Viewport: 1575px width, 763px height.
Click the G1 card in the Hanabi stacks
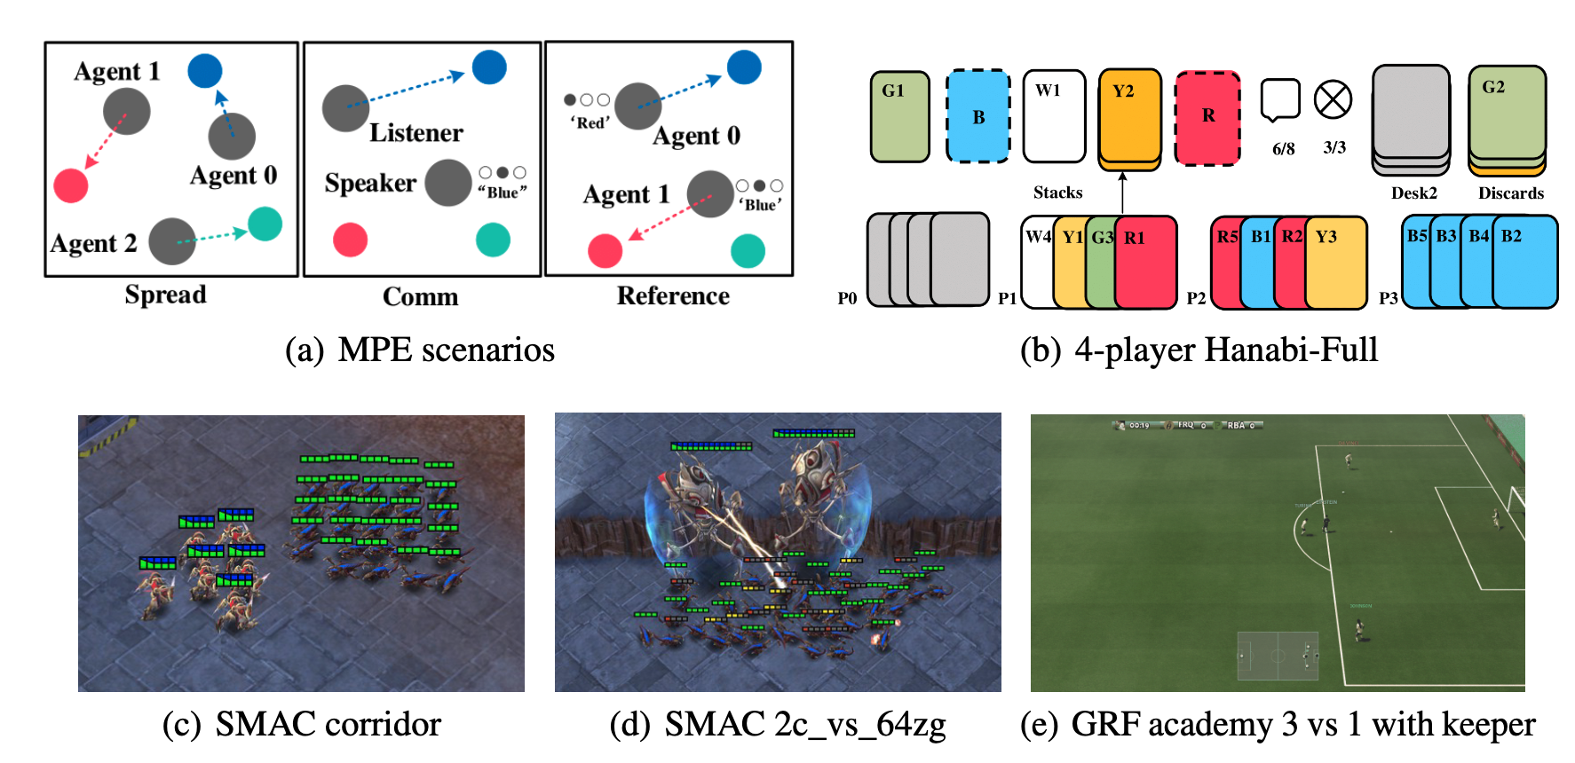tap(899, 117)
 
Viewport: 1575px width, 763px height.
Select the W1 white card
tap(1054, 117)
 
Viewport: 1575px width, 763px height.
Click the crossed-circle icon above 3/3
tap(1333, 100)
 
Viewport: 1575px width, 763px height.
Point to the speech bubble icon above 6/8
tap(1280, 100)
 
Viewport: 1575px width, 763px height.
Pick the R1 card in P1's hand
tap(1147, 262)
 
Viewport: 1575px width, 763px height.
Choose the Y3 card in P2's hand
tap(1336, 262)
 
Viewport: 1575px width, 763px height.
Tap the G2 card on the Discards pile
tap(1507, 113)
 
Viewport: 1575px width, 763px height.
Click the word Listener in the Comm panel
tap(416, 133)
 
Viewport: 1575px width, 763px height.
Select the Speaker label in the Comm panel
tap(370, 183)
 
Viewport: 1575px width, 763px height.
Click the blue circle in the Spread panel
tap(205, 71)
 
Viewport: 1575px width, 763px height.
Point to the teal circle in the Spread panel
tap(265, 224)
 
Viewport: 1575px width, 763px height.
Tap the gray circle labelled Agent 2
tap(172, 241)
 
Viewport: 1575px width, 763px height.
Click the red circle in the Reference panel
tap(605, 251)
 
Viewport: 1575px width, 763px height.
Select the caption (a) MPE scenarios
tap(419, 350)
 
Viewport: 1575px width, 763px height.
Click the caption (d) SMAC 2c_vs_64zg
tap(778, 725)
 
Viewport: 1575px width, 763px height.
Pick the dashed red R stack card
tap(1207, 117)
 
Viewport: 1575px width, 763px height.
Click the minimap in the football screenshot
tap(1277, 657)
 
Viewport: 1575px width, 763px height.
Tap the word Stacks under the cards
tap(1057, 193)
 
